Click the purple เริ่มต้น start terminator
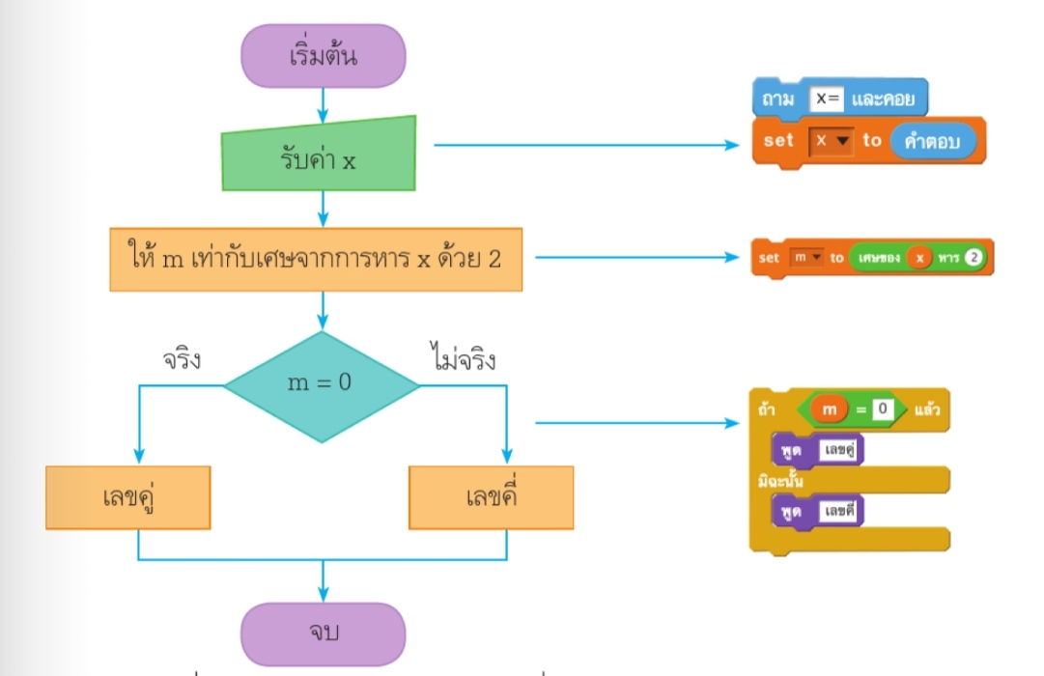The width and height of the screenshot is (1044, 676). point(324,56)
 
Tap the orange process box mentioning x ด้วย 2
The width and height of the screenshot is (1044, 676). point(316,259)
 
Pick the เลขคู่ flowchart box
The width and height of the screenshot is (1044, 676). point(127,497)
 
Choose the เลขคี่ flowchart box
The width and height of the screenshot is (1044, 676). point(491,497)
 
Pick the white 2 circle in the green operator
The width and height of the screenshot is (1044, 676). point(973,258)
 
